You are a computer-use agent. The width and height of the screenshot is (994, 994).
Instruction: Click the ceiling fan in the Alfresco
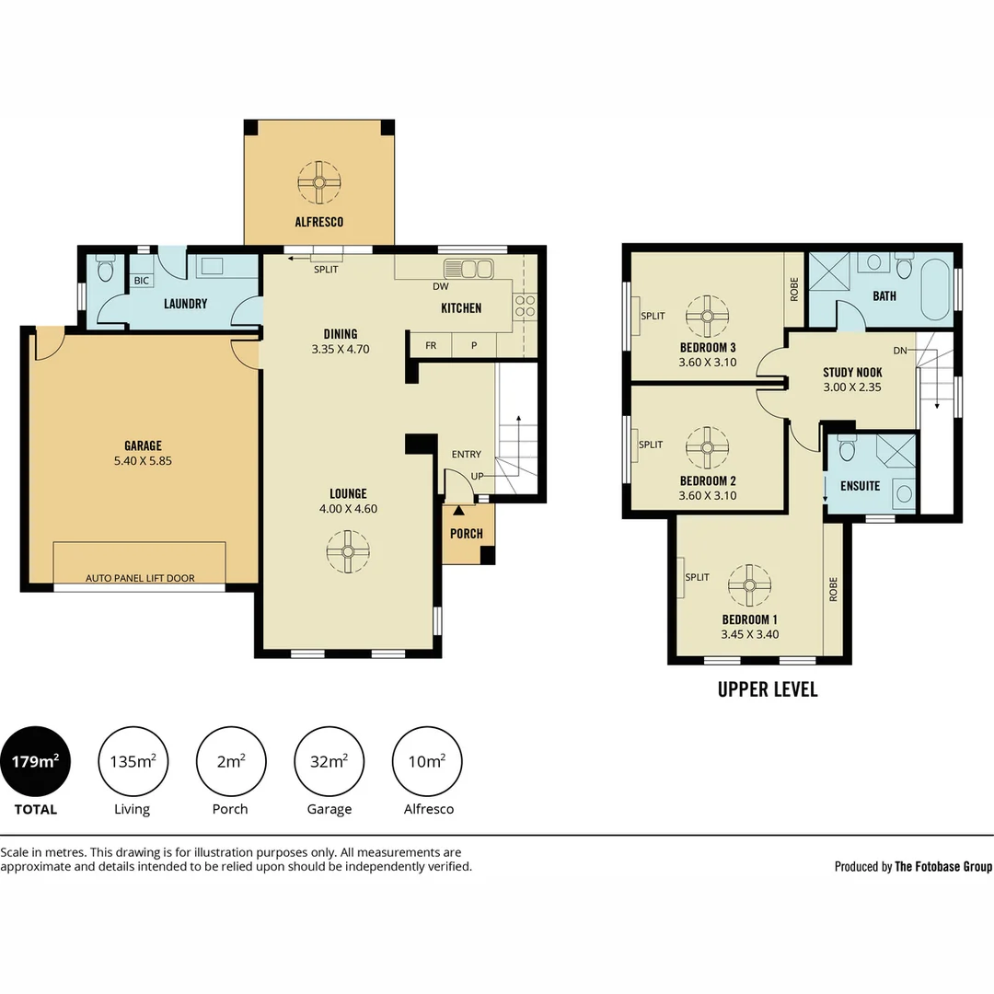(319, 182)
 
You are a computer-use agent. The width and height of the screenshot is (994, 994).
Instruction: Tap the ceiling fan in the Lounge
(348, 551)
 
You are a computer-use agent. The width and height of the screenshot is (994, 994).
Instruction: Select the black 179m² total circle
(36, 761)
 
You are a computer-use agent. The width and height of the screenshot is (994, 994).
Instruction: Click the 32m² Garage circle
(329, 761)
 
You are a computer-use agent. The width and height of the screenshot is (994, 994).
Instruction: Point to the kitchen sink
(468, 269)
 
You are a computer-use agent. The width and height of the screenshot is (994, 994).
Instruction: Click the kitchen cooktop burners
(525, 306)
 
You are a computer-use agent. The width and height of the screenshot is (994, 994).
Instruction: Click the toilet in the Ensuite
(847, 448)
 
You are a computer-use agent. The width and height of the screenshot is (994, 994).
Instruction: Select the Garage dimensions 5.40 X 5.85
(143, 461)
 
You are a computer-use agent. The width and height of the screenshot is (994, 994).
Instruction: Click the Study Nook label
(852, 372)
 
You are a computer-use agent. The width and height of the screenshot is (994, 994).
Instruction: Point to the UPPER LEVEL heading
(767, 689)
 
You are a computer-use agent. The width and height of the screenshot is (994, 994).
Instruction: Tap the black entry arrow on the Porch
(458, 510)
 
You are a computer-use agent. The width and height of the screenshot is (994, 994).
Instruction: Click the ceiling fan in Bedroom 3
(707, 316)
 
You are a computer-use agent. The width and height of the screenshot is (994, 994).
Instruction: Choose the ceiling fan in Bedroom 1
(749, 585)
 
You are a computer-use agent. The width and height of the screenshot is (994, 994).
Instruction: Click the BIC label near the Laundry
(142, 280)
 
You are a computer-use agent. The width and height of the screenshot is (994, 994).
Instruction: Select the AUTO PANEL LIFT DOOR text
(140, 577)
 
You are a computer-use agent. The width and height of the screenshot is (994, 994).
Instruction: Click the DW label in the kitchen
(441, 286)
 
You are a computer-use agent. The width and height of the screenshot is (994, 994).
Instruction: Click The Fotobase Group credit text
(942, 866)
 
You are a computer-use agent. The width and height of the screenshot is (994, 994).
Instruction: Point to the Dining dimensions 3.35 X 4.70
(340, 349)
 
